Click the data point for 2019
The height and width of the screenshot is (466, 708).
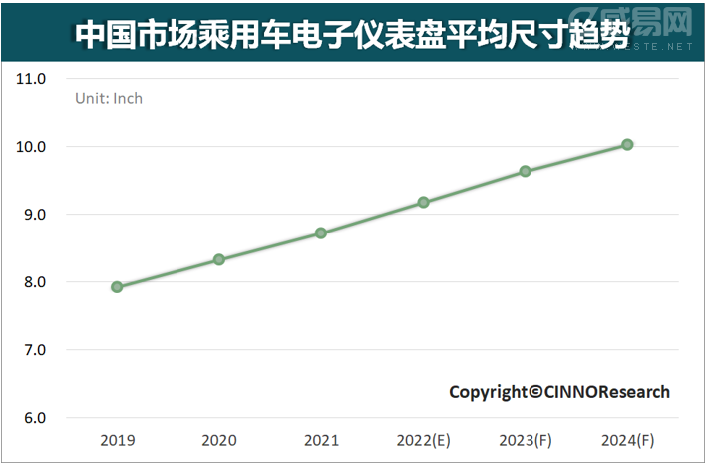point(117,287)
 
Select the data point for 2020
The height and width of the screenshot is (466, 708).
point(219,260)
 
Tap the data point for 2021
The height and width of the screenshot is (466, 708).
point(321,233)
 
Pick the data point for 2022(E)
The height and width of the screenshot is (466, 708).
point(424,202)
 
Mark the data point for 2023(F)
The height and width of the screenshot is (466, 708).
point(526,172)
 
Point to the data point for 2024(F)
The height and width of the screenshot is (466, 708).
point(627,145)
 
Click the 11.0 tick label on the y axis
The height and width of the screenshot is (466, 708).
point(33,79)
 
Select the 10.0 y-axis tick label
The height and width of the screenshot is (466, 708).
point(33,147)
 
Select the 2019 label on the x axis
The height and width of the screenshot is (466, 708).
point(117,440)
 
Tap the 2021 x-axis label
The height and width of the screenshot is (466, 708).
point(321,440)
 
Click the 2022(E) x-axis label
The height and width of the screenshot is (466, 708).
point(424,440)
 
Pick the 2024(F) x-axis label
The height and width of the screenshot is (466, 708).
point(627,440)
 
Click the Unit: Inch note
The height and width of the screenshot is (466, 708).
point(110,98)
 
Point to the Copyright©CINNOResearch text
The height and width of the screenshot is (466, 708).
point(559,392)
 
